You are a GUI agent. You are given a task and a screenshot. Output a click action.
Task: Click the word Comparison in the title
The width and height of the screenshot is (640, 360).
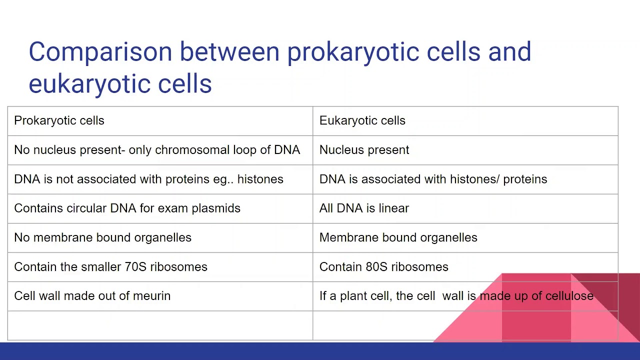pos(100,52)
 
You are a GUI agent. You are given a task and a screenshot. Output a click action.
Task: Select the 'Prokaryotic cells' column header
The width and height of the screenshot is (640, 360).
pos(59,120)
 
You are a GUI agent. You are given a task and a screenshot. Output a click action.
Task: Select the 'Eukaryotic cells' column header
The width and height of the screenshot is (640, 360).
pos(362,120)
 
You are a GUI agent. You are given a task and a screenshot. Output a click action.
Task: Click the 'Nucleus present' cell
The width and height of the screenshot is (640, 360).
pos(364,150)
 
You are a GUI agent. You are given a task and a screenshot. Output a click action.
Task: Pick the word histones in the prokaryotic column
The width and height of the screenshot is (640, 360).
pos(260,179)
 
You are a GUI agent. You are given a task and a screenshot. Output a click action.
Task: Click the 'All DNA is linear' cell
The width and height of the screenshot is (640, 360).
pos(364,208)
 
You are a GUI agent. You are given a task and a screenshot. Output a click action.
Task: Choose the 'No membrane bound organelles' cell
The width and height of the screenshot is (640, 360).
pos(102,237)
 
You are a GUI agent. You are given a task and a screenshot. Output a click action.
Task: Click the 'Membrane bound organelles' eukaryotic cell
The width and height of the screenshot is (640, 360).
pos(398,237)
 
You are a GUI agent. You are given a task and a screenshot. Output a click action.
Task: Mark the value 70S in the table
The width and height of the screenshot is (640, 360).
pos(135,267)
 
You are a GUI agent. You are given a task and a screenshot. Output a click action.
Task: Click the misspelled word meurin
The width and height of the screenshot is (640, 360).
pos(151,296)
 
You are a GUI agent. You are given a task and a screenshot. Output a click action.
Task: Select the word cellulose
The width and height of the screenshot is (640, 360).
pos(569,296)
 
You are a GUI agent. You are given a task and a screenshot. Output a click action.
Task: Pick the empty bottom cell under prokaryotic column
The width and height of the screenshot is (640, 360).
pos(160,325)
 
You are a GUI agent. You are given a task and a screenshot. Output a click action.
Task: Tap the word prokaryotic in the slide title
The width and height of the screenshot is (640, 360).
pos(352,52)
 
